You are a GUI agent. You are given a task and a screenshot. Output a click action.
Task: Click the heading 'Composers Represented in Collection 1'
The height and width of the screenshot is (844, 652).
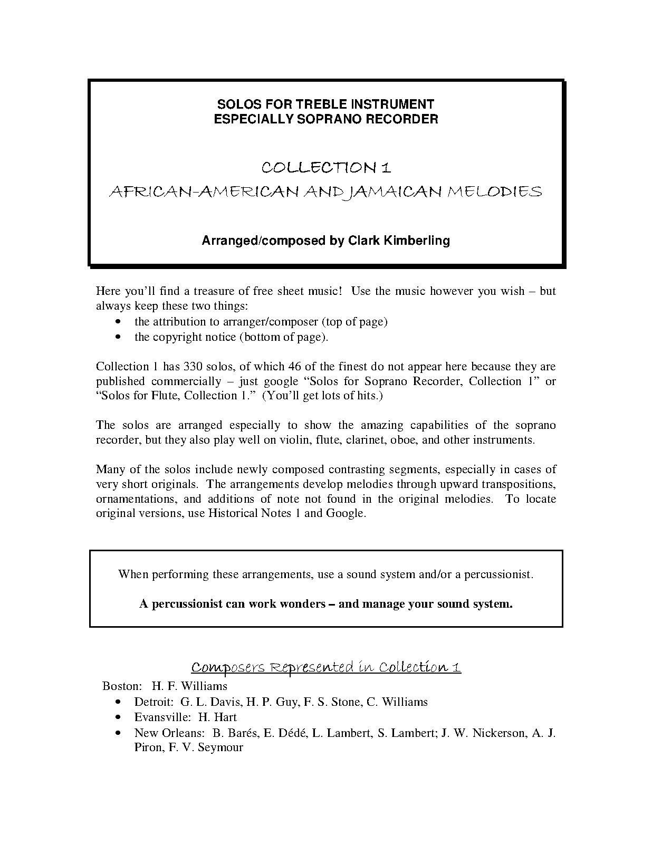click(326, 668)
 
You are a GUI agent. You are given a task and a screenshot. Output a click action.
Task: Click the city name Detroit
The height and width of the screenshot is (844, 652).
click(154, 702)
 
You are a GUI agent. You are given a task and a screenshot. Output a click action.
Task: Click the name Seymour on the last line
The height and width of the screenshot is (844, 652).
click(220, 748)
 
